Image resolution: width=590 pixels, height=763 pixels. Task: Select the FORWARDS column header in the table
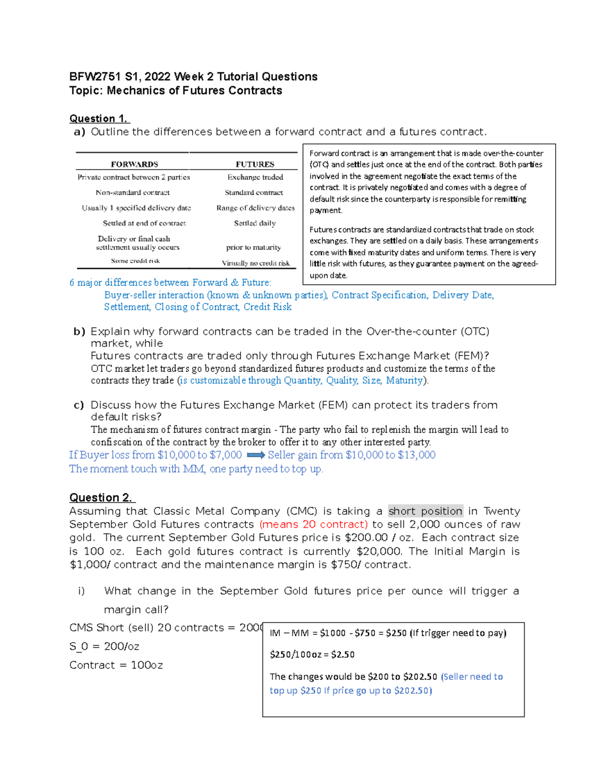(x=134, y=164)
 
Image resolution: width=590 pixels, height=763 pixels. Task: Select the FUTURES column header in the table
(x=255, y=164)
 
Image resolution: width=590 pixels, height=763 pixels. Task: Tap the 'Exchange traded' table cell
(x=255, y=177)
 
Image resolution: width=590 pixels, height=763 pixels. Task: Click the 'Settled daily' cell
(x=255, y=223)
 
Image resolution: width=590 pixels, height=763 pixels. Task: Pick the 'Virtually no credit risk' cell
(x=256, y=263)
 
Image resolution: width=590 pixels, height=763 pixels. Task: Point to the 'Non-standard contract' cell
(x=133, y=193)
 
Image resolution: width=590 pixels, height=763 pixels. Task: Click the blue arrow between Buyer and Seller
(x=256, y=455)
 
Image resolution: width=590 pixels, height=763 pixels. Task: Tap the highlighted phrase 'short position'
(x=425, y=511)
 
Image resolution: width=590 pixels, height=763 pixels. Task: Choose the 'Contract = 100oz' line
(x=116, y=665)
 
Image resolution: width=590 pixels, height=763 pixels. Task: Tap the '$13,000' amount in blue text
(x=416, y=455)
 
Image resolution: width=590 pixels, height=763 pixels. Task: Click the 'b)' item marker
(x=79, y=332)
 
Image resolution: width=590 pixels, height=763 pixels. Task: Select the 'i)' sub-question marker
(x=82, y=591)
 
